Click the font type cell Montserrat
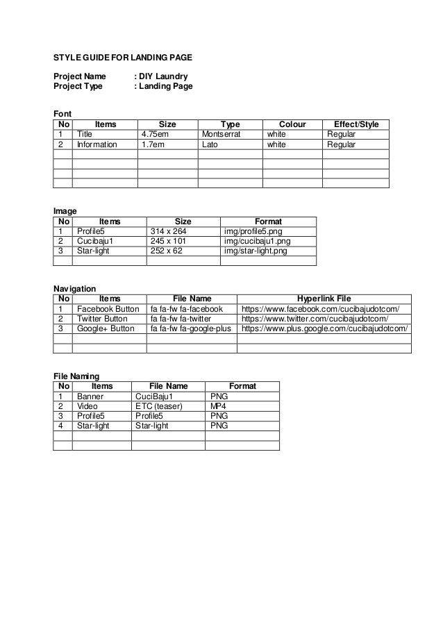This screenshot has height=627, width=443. click(221, 134)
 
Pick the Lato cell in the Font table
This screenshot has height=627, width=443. click(209, 145)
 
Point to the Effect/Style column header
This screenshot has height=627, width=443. click(356, 124)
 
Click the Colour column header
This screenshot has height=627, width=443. click(292, 124)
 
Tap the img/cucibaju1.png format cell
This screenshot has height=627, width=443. click(257, 241)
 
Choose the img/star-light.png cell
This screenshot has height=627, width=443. click(255, 251)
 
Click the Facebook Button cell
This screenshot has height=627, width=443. click(108, 309)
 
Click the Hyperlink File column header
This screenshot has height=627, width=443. click(324, 299)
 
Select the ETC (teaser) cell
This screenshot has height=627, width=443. click(160, 406)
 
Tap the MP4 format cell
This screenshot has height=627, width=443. click(219, 406)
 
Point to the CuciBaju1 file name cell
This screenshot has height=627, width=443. click(153, 396)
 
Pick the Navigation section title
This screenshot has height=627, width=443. click(74, 288)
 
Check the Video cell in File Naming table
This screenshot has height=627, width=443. click(87, 406)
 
